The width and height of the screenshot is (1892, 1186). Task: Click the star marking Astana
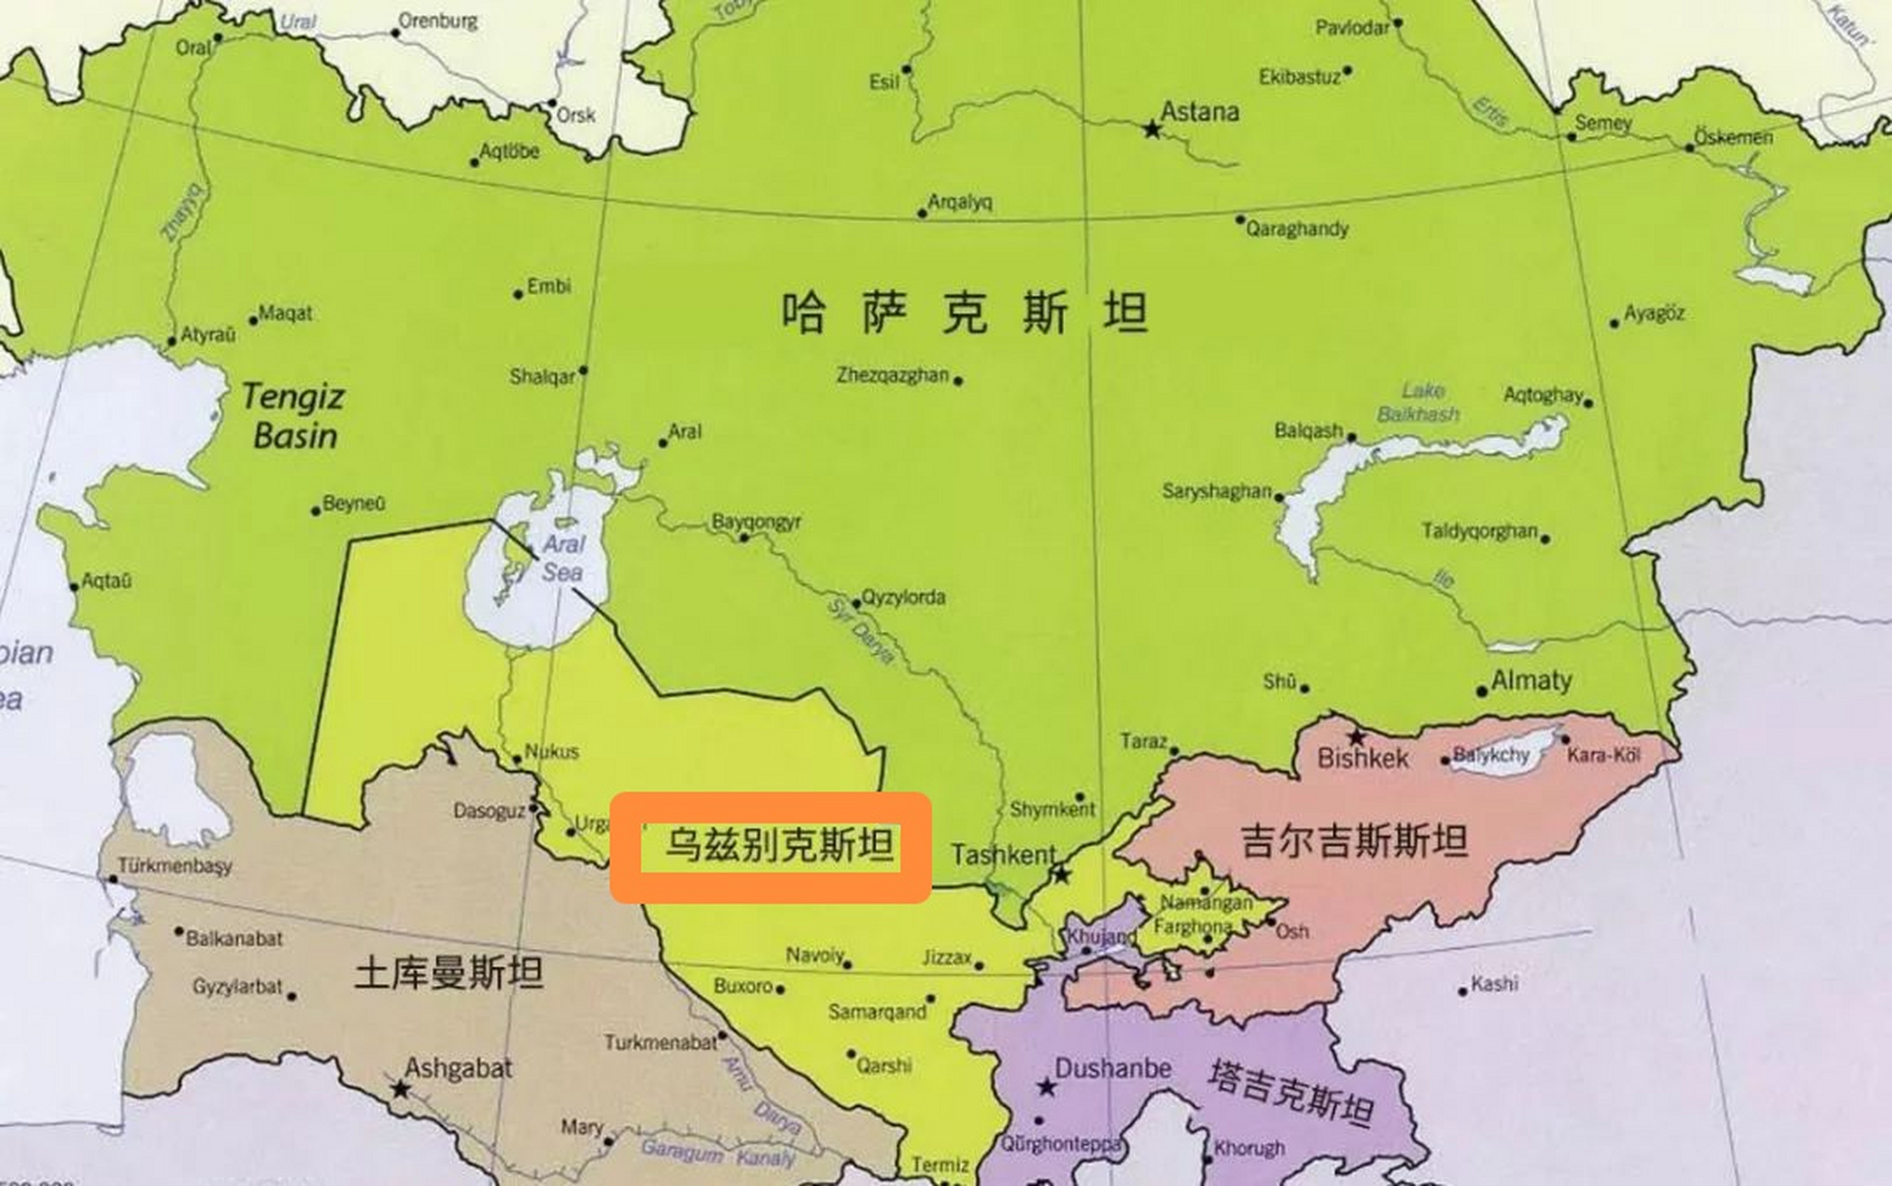(1152, 130)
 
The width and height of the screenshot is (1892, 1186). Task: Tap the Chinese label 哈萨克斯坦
(965, 312)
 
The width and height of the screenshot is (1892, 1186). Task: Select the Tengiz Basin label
(293, 416)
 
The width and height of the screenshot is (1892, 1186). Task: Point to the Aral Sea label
(562, 558)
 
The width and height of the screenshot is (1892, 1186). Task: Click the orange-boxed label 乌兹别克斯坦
(778, 845)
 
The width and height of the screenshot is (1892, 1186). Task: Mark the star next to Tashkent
(1062, 874)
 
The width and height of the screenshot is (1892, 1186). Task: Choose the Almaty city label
(1531, 681)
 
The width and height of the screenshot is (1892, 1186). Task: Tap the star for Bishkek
(1356, 738)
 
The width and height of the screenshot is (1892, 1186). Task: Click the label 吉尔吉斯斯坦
(1354, 841)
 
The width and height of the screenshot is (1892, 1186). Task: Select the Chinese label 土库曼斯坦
(448, 973)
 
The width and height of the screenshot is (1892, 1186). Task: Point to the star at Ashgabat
(399, 1090)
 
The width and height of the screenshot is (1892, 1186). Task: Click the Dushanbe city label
(1113, 1068)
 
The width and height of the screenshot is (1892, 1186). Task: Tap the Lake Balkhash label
(1419, 402)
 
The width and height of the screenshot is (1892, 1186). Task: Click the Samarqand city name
(877, 1012)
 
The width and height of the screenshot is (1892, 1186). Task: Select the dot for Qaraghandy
(1241, 221)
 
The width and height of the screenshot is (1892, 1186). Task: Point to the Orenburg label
(438, 20)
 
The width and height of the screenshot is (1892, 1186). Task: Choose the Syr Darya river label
(862, 630)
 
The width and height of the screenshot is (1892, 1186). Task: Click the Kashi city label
(1494, 983)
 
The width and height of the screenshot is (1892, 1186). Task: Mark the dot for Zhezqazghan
(958, 380)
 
